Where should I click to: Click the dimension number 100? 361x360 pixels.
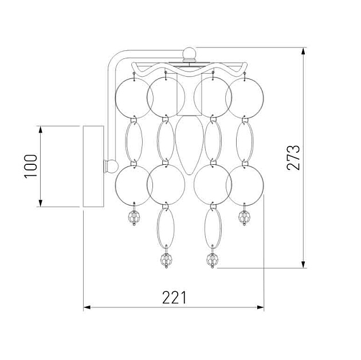click(x=30, y=166)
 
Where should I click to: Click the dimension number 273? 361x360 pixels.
click(x=293, y=158)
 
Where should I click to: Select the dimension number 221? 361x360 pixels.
click(x=174, y=298)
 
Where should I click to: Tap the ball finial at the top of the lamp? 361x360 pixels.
click(x=189, y=54)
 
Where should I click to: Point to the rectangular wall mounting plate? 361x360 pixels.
click(x=93, y=166)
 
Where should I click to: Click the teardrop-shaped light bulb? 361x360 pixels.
click(x=189, y=145)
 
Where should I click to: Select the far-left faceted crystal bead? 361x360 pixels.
click(x=134, y=217)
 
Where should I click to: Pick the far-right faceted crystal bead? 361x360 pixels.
click(x=244, y=217)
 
